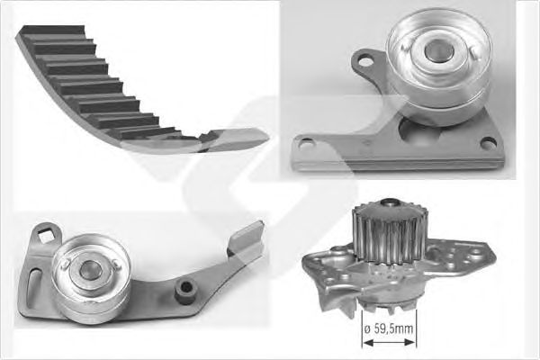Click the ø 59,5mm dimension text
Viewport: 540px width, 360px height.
(x=388, y=328)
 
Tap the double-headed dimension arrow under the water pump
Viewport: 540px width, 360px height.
(x=389, y=342)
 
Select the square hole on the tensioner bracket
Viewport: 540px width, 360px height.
(x=45, y=235)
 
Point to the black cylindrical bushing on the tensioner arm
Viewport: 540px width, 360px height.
(x=186, y=292)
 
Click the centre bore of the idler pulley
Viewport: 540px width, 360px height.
(x=439, y=51)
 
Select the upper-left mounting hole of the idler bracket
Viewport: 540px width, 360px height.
(x=365, y=62)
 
